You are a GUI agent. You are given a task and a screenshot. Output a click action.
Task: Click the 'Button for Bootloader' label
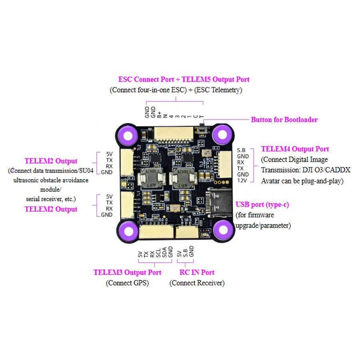click(284, 120)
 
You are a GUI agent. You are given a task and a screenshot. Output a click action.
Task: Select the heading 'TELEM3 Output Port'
click(127, 272)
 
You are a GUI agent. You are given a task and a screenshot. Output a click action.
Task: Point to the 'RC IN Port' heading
click(197, 272)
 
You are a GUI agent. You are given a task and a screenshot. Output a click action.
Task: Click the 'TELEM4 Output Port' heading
click(295, 149)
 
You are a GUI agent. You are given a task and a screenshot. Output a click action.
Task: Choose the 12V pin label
click(242, 180)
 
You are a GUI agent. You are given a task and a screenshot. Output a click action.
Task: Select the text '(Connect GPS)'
click(127, 283)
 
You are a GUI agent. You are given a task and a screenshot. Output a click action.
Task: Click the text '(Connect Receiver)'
click(197, 283)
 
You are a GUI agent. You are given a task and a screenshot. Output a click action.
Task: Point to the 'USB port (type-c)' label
click(262, 205)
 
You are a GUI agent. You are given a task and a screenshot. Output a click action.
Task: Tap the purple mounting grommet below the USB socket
click(221, 230)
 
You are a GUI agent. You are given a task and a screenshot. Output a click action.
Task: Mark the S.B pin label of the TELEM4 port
click(241, 150)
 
